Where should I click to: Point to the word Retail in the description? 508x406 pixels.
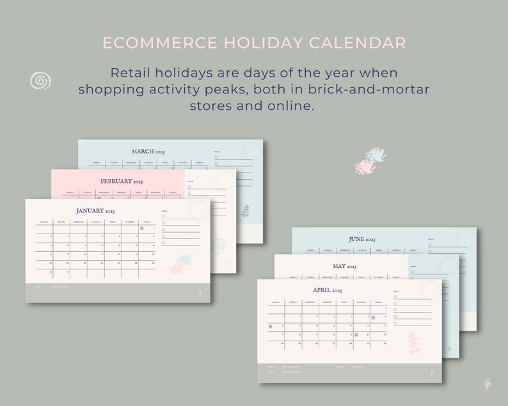tap(131, 72)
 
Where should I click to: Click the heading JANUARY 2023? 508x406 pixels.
tap(95, 210)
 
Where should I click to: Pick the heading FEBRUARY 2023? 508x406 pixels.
tap(120, 181)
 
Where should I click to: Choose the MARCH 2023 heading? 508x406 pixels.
tap(148, 152)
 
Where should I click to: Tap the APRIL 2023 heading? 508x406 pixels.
tap(327, 290)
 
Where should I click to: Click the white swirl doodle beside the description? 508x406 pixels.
tap(40, 81)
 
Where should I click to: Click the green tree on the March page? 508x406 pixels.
tap(245, 211)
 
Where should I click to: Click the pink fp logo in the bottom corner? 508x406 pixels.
tap(488, 384)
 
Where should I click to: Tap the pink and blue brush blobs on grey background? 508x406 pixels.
tap(370, 161)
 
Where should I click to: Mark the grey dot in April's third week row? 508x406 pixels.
tap(356, 334)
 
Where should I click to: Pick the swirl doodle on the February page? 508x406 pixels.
tap(218, 246)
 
